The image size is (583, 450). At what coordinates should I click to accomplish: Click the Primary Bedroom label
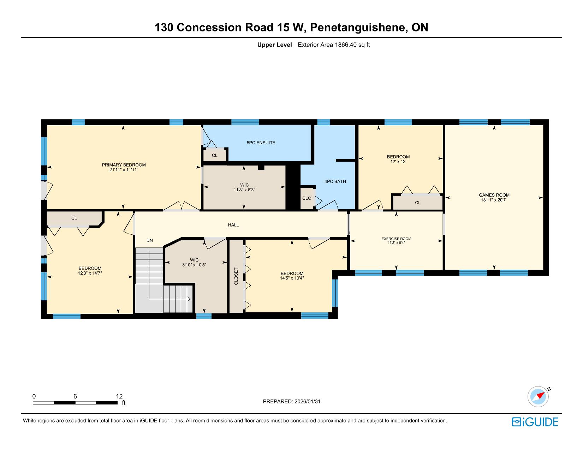click(x=124, y=165)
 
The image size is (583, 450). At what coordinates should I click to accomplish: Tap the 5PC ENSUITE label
click(x=261, y=143)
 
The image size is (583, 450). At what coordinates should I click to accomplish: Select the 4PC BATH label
click(x=335, y=181)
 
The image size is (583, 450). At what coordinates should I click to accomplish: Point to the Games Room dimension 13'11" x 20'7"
click(x=494, y=200)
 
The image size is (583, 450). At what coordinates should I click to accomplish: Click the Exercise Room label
click(x=396, y=239)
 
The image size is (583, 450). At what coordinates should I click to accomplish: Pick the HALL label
click(x=233, y=225)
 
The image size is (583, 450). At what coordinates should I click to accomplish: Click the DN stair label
click(x=150, y=241)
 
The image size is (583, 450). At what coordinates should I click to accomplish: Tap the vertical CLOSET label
click(x=236, y=276)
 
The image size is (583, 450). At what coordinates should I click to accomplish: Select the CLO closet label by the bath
click(x=307, y=198)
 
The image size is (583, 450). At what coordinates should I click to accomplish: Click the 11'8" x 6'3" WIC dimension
click(x=244, y=190)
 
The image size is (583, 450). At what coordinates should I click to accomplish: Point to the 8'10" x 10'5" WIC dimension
click(x=194, y=265)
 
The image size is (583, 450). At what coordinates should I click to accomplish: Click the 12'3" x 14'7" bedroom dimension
click(x=90, y=273)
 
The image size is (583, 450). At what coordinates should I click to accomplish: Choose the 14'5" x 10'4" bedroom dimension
click(x=292, y=278)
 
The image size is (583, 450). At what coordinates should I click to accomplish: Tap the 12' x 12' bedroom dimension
click(x=398, y=161)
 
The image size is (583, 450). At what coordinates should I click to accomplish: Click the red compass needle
click(x=541, y=395)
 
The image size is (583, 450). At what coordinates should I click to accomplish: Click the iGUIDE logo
click(x=535, y=422)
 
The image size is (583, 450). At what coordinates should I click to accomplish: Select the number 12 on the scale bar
click(x=119, y=396)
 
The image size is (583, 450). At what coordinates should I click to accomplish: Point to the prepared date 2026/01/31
click(x=308, y=401)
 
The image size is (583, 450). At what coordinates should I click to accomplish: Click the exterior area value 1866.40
click(x=346, y=45)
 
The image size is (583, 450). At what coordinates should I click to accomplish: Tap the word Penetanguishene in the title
click(x=357, y=28)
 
